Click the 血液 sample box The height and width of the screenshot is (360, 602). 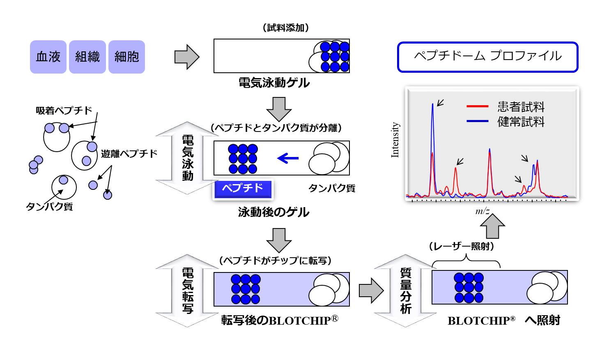point(48,57)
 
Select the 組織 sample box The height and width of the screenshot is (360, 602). point(87,57)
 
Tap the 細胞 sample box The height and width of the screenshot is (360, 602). point(126,57)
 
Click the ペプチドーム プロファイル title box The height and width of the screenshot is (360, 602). point(487,57)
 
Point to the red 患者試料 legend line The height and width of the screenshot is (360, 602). point(477,106)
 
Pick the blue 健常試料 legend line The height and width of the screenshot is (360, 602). point(477,121)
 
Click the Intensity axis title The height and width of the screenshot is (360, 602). point(395,140)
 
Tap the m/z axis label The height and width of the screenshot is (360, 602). point(483,211)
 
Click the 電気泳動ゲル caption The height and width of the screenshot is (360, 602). point(274,83)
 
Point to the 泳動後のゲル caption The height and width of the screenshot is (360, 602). point(273,212)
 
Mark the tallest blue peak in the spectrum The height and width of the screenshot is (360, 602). point(432,105)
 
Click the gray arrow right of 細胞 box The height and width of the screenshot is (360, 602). point(186,57)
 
